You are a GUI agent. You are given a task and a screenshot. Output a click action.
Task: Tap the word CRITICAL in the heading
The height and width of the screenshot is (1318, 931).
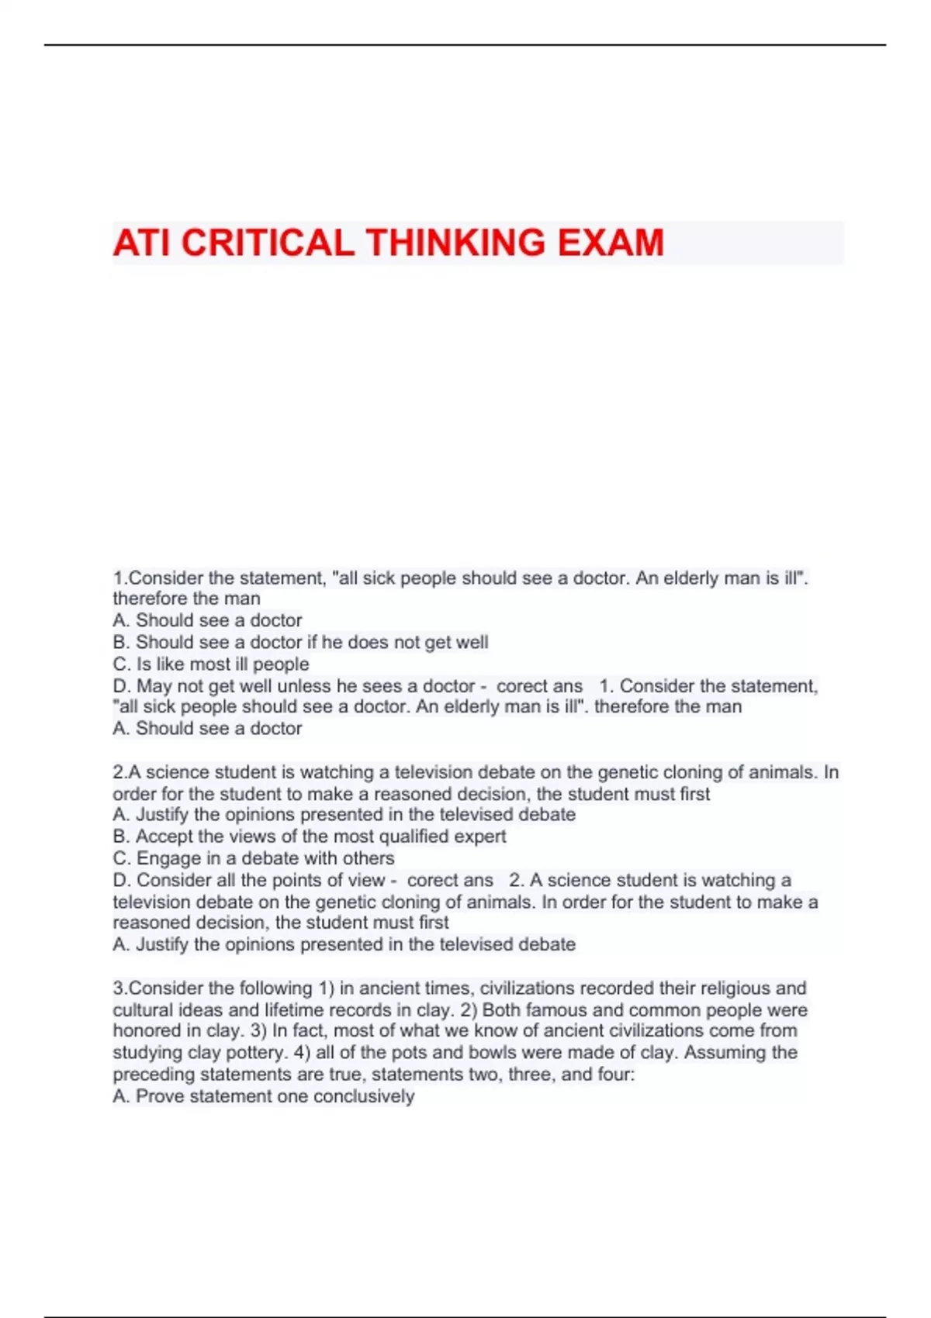click(268, 243)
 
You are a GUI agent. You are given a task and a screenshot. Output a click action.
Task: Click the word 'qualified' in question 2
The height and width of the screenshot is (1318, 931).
click(414, 837)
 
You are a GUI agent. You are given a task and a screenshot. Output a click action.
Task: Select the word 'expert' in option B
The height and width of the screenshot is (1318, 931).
click(480, 837)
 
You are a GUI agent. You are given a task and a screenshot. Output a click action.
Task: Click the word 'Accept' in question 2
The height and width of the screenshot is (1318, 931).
click(164, 837)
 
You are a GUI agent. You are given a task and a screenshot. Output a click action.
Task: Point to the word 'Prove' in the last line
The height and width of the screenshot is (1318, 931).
click(160, 1096)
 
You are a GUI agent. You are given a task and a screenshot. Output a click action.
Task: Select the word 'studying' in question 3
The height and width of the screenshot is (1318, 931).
click(148, 1053)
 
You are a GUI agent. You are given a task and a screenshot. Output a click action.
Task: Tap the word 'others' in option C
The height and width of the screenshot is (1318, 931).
click(369, 858)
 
